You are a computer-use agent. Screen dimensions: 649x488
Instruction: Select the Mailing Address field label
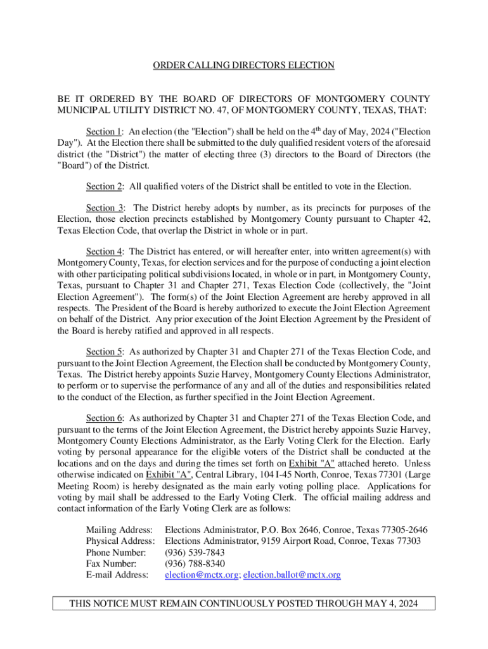coord(119,529)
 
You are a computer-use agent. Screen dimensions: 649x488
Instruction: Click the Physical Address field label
coord(120,541)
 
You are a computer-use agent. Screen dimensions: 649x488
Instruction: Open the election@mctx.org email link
coord(202,575)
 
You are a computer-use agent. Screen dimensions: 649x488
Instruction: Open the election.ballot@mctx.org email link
coord(292,575)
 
